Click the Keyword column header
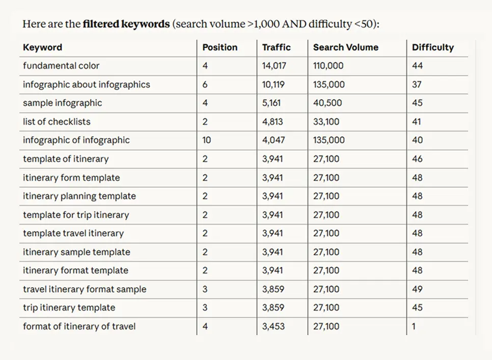[42, 47]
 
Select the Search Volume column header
[345, 47]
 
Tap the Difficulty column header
[432, 47]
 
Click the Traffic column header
[276, 47]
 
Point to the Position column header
[220, 47]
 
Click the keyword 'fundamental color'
[61, 66]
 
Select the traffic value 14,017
[274, 66]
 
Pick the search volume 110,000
[328, 66]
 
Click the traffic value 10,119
[274, 85]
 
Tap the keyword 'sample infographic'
[62, 103]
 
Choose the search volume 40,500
[327, 103]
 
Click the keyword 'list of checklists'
[57, 122]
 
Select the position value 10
[206, 140]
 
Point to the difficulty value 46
[417, 159]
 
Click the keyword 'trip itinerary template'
[69, 308]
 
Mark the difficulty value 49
[417, 289]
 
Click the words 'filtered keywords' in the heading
[126, 24]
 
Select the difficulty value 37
[417, 85]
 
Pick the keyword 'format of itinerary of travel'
[79, 326]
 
